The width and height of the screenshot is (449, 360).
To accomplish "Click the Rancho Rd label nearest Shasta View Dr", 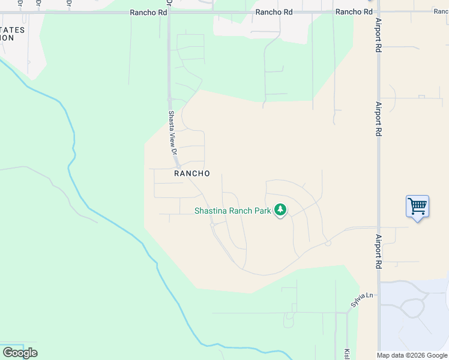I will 149,12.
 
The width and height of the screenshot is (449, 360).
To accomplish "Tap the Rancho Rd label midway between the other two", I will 273,12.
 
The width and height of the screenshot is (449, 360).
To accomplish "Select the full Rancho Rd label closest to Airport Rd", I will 354,12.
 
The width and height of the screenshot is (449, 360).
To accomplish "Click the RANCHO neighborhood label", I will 191,173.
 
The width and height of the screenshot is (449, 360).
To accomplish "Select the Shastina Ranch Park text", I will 233,211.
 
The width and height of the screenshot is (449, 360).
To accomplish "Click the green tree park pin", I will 280,210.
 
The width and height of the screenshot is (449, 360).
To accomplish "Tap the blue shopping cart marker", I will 417,206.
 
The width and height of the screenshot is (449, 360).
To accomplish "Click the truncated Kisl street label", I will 347,354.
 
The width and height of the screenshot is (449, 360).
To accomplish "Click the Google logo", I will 20,353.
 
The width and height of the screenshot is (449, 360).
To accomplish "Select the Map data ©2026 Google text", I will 412,355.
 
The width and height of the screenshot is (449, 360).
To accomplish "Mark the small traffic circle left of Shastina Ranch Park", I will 212,224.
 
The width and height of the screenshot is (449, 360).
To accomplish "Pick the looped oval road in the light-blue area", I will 414,308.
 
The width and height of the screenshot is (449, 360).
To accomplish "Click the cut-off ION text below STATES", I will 7,37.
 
